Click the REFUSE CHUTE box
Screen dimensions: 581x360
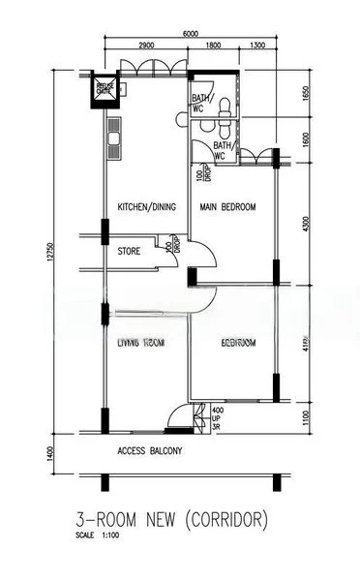(102, 90)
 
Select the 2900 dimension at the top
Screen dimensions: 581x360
(147, 46)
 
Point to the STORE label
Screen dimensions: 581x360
(130, 252)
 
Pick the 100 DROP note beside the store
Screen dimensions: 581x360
(171, 246)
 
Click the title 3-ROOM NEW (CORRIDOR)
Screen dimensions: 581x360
(171, 520)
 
